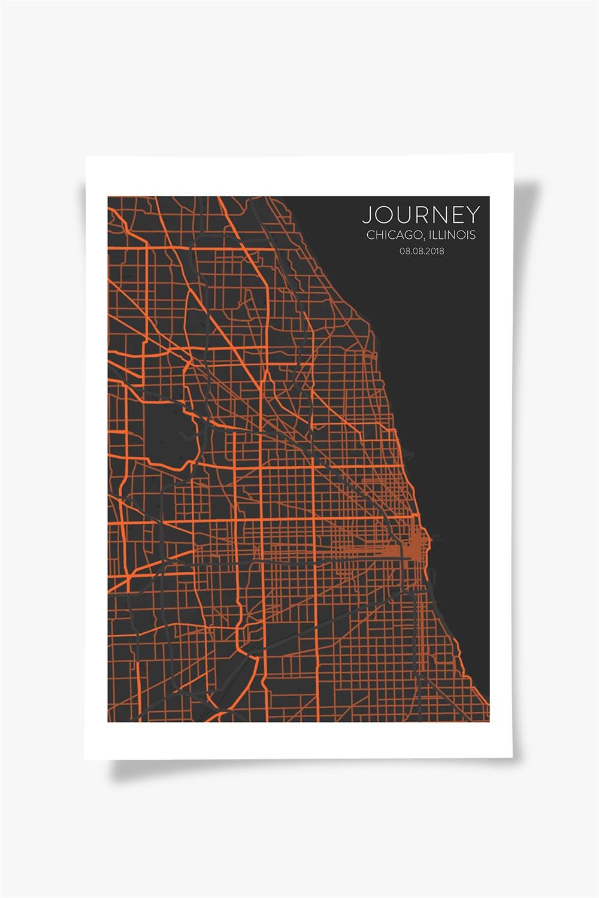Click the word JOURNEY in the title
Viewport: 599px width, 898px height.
(420, 215)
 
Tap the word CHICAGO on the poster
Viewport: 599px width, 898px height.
(389, 235)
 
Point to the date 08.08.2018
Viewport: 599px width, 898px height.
(422, 251)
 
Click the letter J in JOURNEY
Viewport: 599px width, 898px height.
(367, 215)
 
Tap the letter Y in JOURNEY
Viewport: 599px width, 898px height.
(473, 215)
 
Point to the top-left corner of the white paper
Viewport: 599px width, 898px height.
(86, 157)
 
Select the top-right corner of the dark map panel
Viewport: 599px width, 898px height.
(489, 197)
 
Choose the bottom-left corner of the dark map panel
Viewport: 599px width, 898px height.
(108, 721)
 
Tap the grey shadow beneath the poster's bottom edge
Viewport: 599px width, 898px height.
(299, 769)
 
